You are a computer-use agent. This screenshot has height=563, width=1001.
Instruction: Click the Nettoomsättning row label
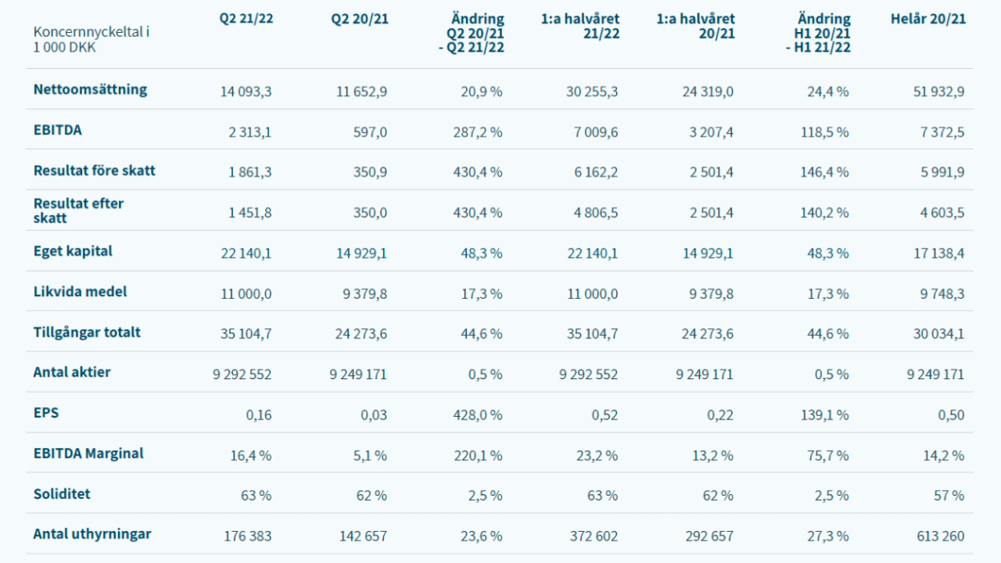(x=90, y=90)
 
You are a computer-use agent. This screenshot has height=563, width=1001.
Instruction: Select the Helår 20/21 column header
(x=928, y=19)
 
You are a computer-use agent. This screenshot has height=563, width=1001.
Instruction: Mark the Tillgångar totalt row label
(x=87, y=332)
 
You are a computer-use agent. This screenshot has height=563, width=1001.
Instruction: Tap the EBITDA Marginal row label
(x=89, y=454)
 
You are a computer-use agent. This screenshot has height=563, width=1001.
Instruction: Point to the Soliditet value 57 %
(x=949, y=496)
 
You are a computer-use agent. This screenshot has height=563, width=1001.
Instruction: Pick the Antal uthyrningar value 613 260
(x=937, y=537)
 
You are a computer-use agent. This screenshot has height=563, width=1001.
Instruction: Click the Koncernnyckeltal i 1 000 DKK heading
(x=91, y=39)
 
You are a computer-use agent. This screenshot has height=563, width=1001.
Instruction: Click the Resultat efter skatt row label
(x=79, y=211)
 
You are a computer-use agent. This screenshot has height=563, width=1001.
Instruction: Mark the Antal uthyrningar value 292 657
(x=706, y=537)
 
